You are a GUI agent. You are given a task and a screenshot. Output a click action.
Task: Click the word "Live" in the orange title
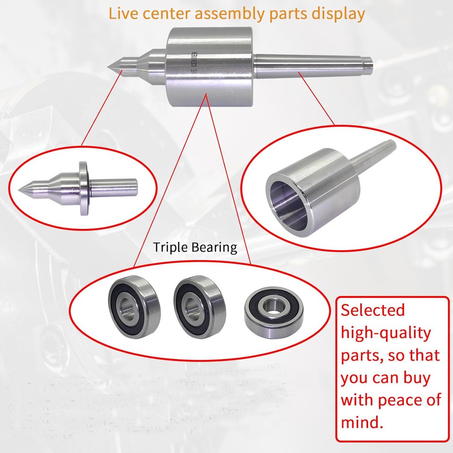(124, 13)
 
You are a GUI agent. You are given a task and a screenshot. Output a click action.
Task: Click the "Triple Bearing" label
(195, 248)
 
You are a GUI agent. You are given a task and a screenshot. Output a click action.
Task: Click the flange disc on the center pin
(84, 188)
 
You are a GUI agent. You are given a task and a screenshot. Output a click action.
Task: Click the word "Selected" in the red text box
(373, 310)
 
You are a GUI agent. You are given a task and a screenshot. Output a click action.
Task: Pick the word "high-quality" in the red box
(386, 333)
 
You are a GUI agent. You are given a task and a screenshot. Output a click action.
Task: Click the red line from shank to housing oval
(316, 99)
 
